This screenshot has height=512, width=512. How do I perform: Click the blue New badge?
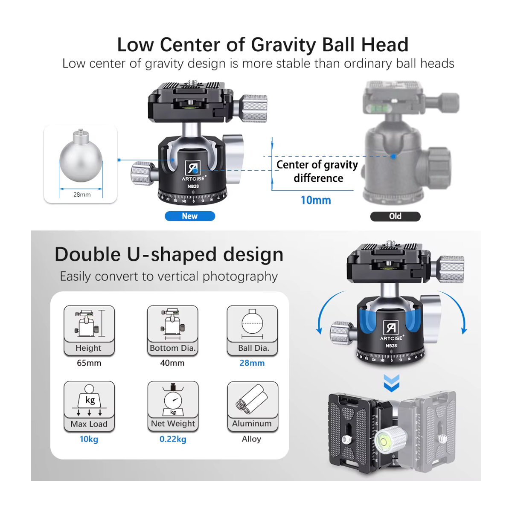click(190, 216)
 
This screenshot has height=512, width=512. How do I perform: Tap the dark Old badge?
click(395, 216)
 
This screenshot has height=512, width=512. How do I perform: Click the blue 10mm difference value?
click(316, 200)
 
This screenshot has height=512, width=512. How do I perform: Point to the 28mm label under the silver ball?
click(82, 195)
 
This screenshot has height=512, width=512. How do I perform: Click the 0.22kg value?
click(173, 439)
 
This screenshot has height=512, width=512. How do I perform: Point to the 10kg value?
click(89, 439)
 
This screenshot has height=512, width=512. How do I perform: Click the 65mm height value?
click(89, 363)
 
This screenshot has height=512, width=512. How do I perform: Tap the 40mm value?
click(172, 363)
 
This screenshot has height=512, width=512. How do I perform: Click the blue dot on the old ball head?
click(393, 157)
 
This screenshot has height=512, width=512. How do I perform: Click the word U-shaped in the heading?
click(172, 255)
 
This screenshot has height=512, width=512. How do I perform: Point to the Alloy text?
click(251, 439)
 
